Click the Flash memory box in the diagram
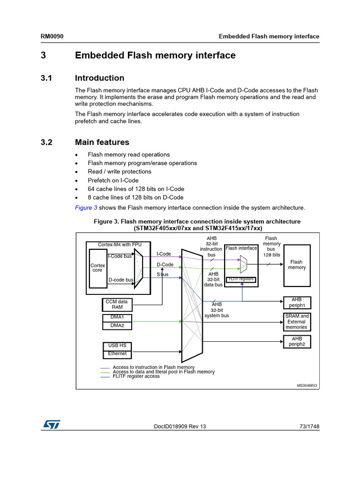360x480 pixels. [x=296, y=265]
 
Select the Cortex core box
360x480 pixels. [x=98, y=268]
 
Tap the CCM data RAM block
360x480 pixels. [x=117, y=305]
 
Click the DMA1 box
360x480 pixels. [x=117, y=317]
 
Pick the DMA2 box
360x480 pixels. [x=117, y=325]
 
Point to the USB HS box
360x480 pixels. [x=117, y=346]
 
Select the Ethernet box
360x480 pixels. [x=117, y=353]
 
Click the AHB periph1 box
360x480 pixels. [x=297, y=302]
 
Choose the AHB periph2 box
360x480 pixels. [x=297, y=341]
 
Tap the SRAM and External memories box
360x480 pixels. [x=297, y=322]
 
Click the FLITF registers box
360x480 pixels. [x=241, y=279]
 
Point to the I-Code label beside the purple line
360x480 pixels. [x=164, y=254]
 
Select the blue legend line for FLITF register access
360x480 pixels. [x=105, y=376]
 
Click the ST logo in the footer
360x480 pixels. [x=51, y=424]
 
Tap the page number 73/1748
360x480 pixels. [x=309, y=427]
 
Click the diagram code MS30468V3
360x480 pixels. [x=307, y=385]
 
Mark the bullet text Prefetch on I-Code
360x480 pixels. [x=113, y=180]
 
